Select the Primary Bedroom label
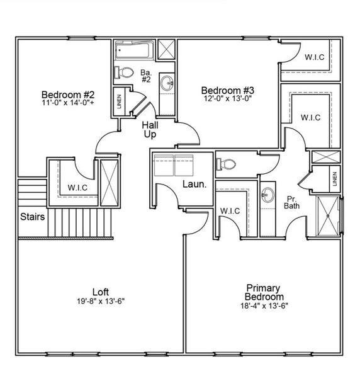click(x=264, y=291)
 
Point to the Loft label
click(x=101, y=292)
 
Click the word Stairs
click(x=31, y=217)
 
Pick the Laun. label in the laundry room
click(x=192, y=185)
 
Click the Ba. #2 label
click(x=146, y=76)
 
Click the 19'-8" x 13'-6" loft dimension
click(x=101, y=301)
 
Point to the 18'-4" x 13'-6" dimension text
click(x=264, y=306)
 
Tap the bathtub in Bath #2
click(x=133, y=49)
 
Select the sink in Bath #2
click(x=167, y=83)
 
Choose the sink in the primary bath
click(x=267, y=196)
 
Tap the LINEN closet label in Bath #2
click(x=119, y=101)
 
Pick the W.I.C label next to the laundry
click(x=230, y=210)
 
